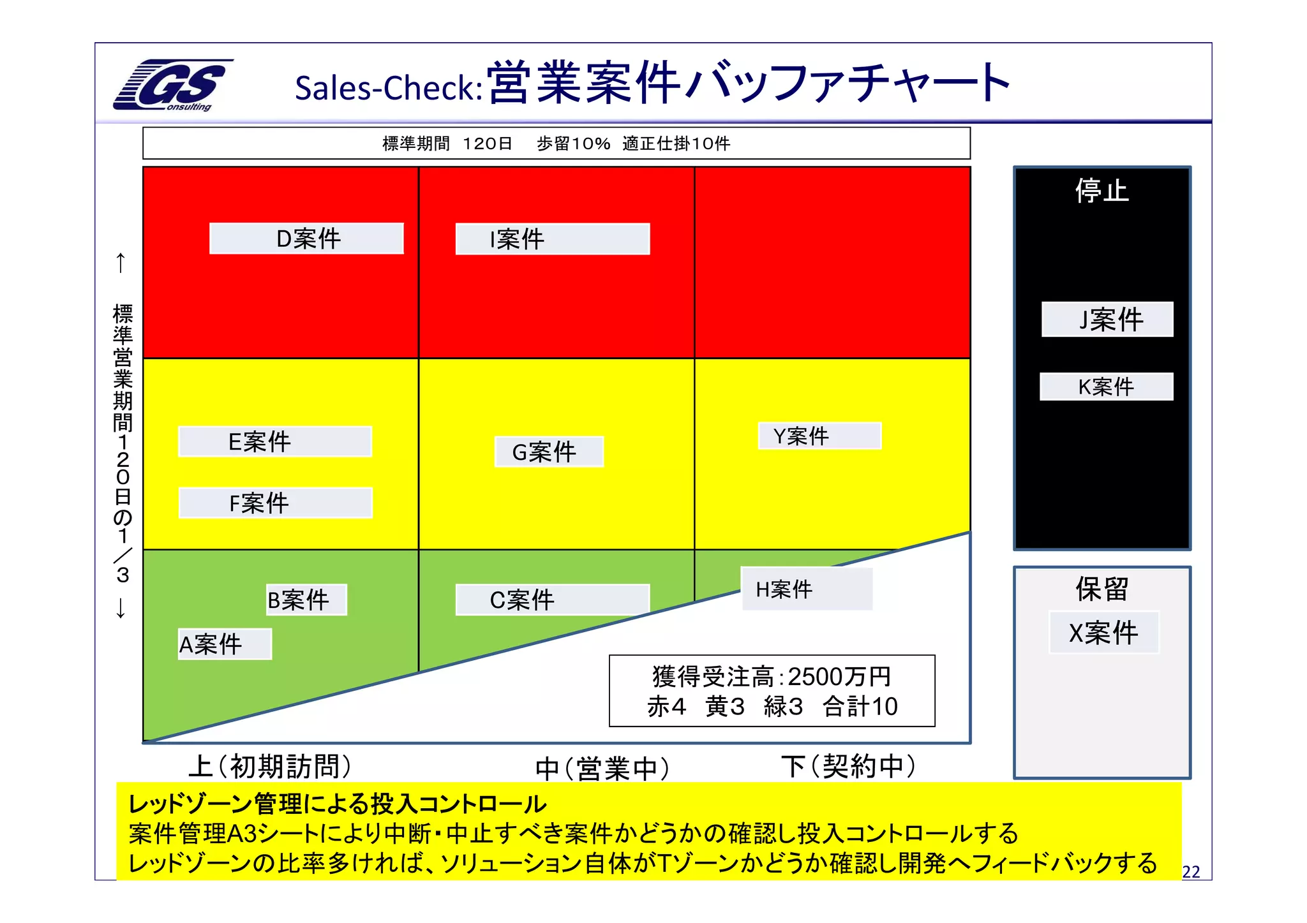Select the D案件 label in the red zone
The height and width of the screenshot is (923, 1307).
(306, 239)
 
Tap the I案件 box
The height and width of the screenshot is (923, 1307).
(552, 239)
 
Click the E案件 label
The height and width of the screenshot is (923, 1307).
(274, 441)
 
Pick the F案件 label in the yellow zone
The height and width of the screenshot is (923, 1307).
(275, 503)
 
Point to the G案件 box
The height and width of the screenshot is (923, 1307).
(549, 452)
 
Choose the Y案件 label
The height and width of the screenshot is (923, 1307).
(819, 436)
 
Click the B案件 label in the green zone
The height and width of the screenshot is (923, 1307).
(306, 600)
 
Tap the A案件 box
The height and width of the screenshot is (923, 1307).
(225, 644)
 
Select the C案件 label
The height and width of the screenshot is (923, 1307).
(552, 600)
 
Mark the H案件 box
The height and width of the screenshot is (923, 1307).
(806, 589)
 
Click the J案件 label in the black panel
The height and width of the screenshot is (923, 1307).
(1107, 319)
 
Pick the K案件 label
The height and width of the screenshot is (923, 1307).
(1106, 387)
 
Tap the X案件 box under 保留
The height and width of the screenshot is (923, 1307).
(1103, 633)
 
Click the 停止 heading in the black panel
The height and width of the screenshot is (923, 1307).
(1102, 191)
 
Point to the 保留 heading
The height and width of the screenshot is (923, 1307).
(1102, 589)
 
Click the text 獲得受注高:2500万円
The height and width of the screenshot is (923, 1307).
(771, 676)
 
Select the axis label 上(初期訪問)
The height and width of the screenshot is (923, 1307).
(270, 766)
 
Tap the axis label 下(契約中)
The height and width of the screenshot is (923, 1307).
(848, 766)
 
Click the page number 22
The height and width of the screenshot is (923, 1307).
(1191, 872)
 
